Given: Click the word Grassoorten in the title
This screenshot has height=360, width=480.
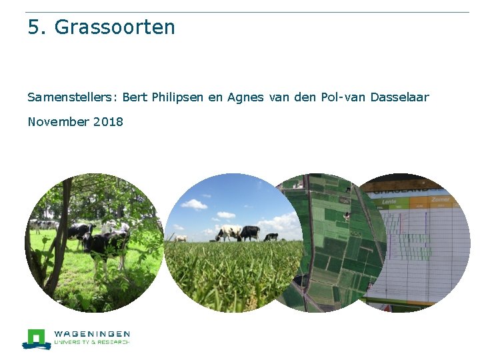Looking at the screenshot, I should tap(115, 28).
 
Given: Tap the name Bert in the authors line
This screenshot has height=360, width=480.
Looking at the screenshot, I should tap(135, 97).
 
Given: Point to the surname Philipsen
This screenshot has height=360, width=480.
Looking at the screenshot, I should tap(178, 97).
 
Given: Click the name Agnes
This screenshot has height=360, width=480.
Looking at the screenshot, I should tap(246, 97).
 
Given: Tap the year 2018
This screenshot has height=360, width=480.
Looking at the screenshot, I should tap(109, 122).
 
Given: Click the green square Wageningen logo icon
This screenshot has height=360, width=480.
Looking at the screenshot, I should tap(36, 337).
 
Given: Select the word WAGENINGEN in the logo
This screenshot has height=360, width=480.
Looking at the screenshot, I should tap(92, 333).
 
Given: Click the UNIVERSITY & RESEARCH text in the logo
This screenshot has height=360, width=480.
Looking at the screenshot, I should tap(92, 342).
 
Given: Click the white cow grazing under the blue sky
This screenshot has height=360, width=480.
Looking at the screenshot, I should tap(228, 233).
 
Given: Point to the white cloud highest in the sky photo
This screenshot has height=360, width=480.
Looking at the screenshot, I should tap(194, 204).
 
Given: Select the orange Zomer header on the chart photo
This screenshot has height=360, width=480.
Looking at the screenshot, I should tap(441, 199).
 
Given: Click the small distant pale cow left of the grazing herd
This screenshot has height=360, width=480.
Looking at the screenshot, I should tap(180, 238).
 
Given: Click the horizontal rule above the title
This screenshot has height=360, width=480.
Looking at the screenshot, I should tap(247, 12).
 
